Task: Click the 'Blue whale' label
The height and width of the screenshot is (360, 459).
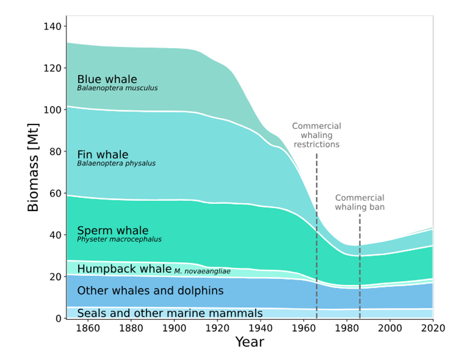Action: (107, 80)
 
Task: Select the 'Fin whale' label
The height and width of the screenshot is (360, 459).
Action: (102, 155)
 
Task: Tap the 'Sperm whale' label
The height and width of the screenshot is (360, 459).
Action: (112, 231)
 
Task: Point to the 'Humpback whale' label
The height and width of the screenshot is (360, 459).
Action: (124, 269)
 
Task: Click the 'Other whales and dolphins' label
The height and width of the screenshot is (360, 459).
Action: (150, 291)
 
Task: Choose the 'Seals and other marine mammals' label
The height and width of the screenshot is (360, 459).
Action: (169, 313)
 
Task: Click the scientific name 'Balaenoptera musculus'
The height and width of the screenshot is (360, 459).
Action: (117, 88)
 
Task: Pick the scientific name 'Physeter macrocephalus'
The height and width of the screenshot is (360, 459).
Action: (119, 239)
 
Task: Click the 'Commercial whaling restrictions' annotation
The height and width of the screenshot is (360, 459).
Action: (317, 135)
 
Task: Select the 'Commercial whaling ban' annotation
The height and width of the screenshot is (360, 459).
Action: (360, 203)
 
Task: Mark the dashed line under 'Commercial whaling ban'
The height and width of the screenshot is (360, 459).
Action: (360, 264)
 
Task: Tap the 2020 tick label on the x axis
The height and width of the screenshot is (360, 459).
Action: (433, 328)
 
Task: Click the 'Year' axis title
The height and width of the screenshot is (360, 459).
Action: (249, 342)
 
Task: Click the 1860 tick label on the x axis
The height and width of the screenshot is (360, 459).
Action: (88, 328)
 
